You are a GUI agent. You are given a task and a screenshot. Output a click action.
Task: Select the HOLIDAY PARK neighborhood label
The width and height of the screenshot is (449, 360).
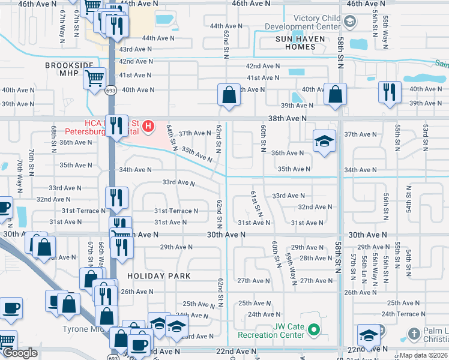point(158,276)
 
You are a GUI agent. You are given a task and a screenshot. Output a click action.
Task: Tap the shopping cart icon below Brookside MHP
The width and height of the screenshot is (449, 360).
point(95,79)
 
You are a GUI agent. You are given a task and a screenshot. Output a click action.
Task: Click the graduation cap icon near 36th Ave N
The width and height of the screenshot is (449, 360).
point(324,142)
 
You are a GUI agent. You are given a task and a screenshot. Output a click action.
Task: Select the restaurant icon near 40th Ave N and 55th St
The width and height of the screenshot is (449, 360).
point(390,92)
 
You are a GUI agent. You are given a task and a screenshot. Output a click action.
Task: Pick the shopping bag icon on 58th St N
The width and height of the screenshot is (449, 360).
point(335,94)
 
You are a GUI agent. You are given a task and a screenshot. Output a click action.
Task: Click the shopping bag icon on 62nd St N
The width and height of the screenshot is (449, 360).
point(229,94)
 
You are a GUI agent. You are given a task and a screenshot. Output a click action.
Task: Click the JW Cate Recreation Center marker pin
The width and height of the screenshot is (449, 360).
point(314,329)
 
